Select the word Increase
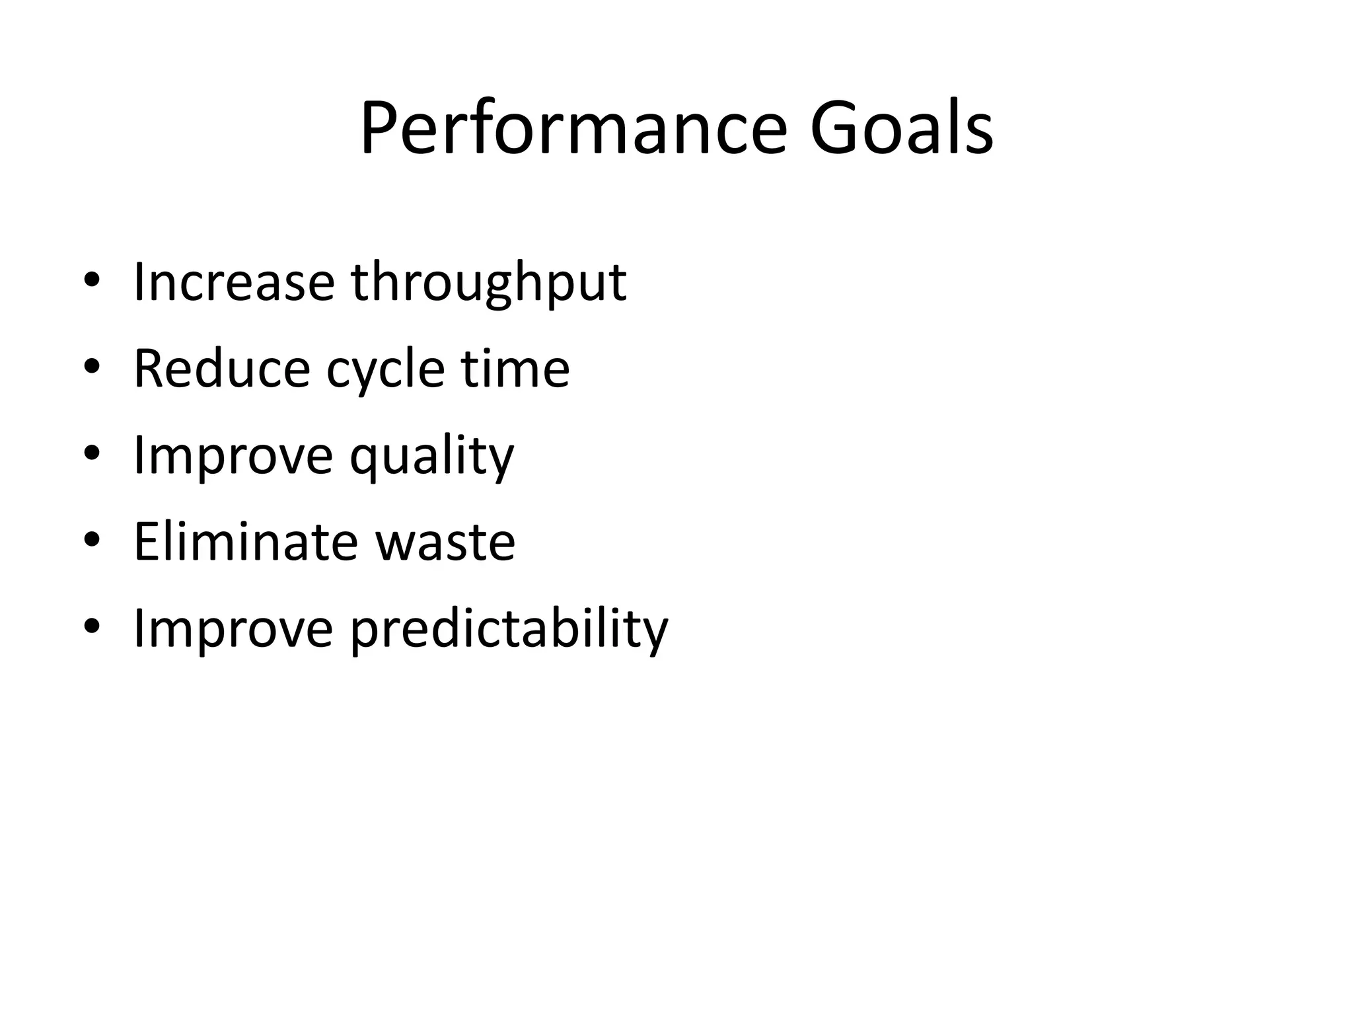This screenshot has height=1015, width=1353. [234, 282]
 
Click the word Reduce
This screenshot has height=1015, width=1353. [221, 369]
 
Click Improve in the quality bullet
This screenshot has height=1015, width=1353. [233, 457]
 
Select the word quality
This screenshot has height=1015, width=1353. [431, 458]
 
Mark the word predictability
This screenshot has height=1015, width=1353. [509, 630]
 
